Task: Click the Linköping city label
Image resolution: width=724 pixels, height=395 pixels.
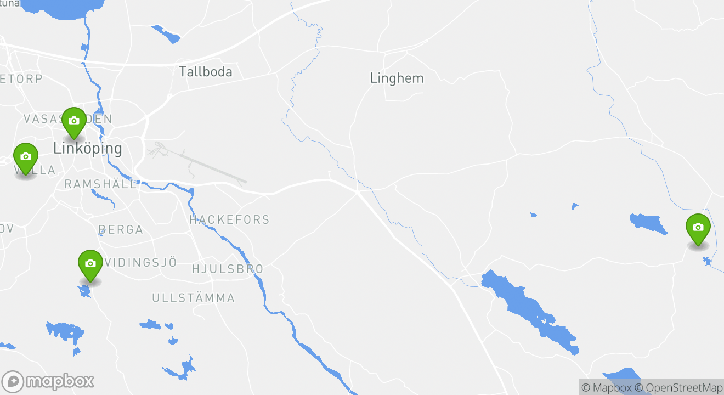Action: pyautogui.click(x=87, y=148)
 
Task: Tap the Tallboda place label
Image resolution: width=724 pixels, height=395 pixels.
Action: pyautogui.click(x=206, y=72)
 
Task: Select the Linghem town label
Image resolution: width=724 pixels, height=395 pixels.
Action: pyautogui.click(x=397, y=78)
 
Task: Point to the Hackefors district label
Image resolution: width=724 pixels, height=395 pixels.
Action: pyautogui.click(x=229, y=220)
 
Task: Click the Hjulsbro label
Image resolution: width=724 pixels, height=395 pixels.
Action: pyautogui.click(x=228, y=269)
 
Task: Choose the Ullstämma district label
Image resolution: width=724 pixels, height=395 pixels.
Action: pyautogui.click(x=194, y=298)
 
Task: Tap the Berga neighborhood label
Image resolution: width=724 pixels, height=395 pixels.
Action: pyautogui.click(x=121, y=230)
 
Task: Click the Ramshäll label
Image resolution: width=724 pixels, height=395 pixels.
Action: pyautogui.click(x=101, y=184)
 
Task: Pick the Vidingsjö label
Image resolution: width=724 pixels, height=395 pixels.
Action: pyautogui.click(x=141, y=263)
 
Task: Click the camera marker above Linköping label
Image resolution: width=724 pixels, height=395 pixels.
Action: pyautogui.click(x=74, y=121)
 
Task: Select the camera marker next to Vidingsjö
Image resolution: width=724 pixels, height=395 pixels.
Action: pyautogui.click(x=90, y=264)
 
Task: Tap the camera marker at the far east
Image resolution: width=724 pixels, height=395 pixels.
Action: pyautogui.click(x=698, y=228)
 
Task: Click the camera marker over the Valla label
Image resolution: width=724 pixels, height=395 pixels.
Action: pyautogui.click(x=25, y=157)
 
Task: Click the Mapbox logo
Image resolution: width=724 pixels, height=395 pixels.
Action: pyautogui.click(x=48, y=381)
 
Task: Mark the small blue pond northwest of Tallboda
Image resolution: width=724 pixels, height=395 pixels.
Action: pyautogui.click(x=166, y=34)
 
